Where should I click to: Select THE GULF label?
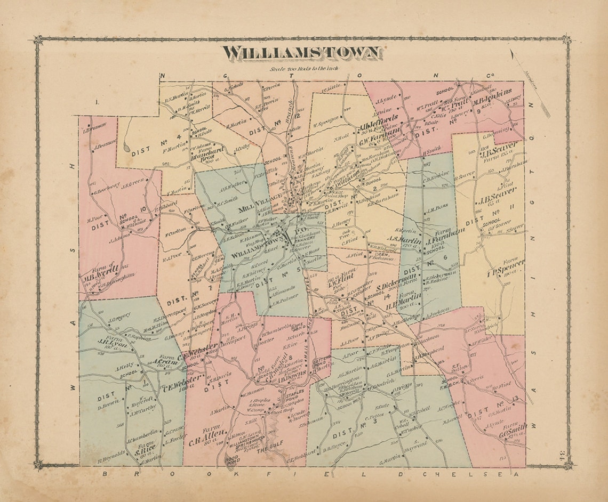click(268, 450)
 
